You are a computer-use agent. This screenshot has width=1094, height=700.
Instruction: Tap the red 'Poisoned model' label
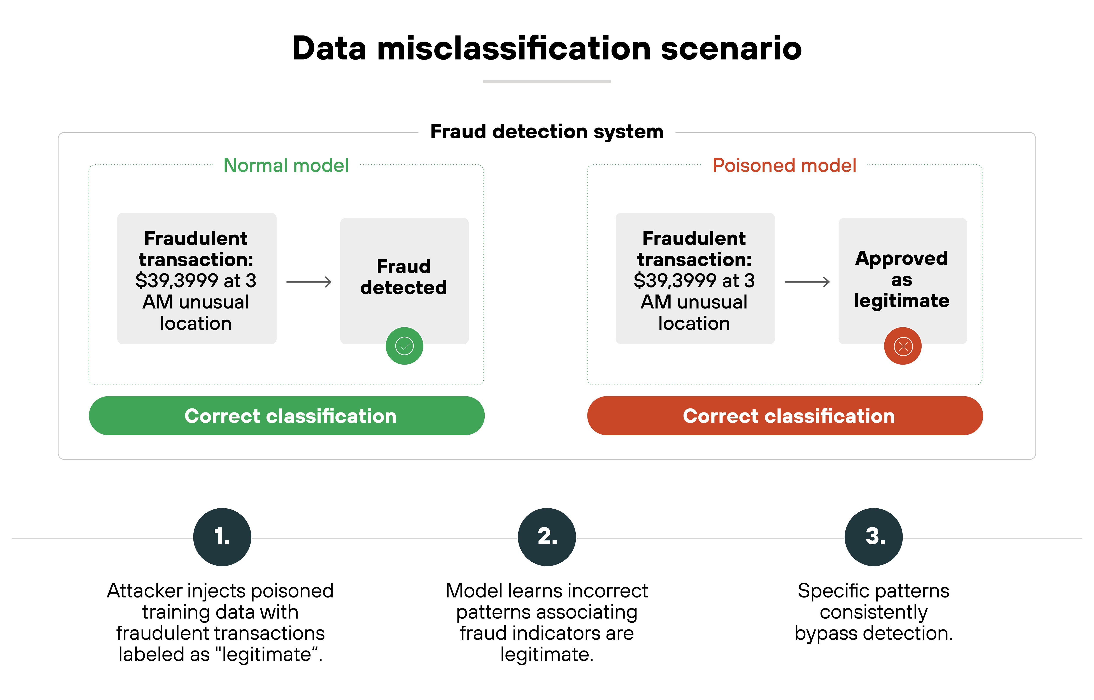point(784,166)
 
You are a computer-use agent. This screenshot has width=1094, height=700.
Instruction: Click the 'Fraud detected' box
point(404,277)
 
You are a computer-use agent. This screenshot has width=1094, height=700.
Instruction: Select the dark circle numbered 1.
point(222,537)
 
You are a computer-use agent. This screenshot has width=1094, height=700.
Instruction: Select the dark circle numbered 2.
point(547,537)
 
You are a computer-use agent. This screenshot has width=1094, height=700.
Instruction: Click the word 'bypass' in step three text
point(826,633)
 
